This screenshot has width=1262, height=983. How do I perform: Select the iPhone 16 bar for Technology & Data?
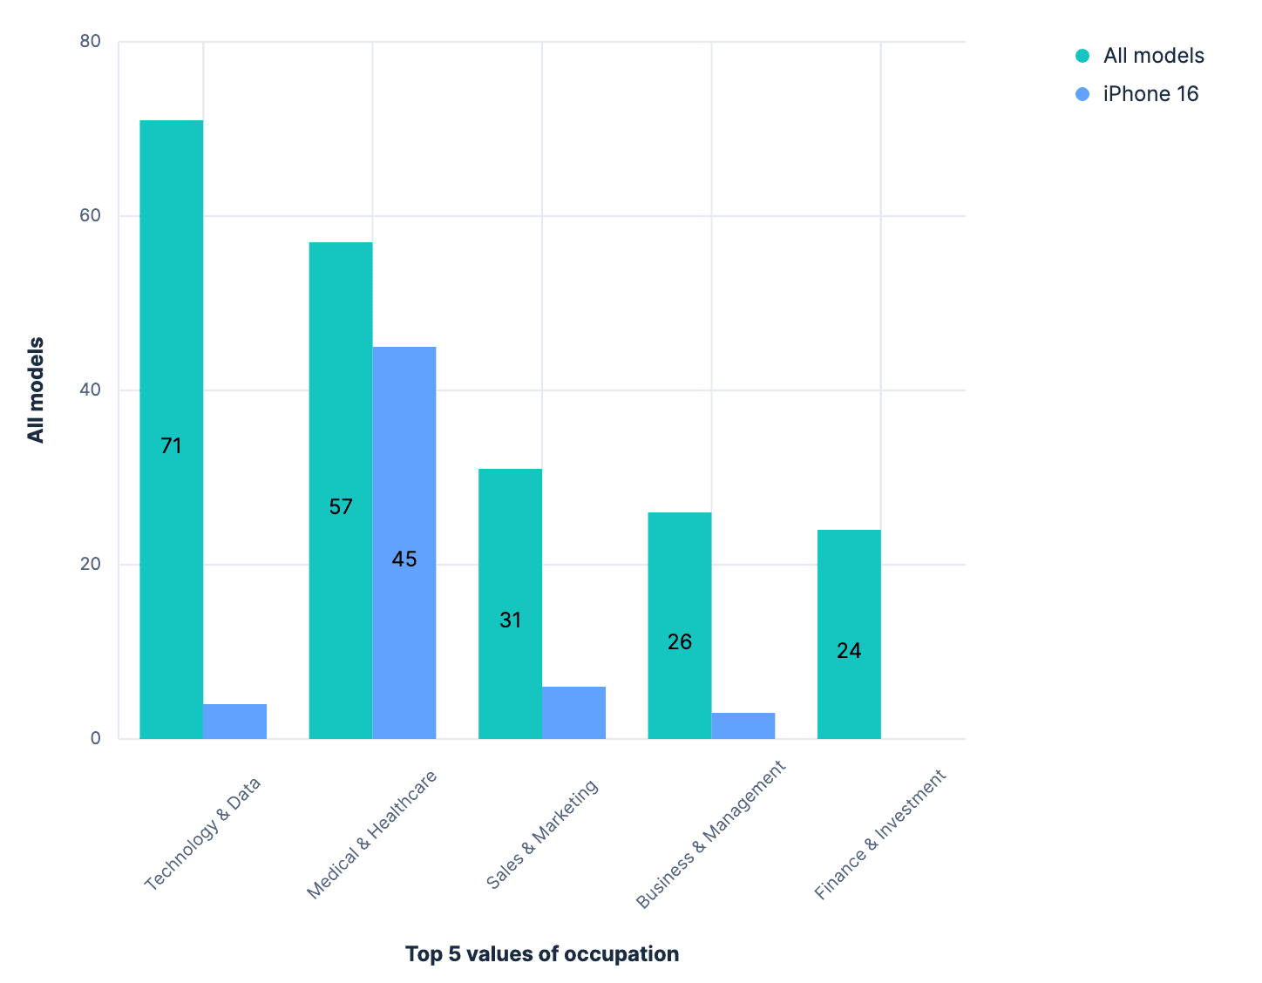tap(235, 722)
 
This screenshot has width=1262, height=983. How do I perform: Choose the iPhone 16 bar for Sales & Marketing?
tap(573, 713)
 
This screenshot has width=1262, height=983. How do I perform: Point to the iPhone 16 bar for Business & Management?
tap(743, 726)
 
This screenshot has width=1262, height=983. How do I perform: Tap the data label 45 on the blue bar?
tap(404, 559)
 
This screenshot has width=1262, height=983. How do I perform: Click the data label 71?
tap(172, 446)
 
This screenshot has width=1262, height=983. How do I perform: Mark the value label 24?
tap(849, 651)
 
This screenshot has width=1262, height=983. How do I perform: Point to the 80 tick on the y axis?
tap(91, 41)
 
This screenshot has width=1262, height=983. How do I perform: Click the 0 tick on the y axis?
tap(96, 738)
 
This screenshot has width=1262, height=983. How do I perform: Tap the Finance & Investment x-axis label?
tap(880, 834)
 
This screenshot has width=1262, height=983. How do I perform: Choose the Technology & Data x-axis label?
tap(203, 832)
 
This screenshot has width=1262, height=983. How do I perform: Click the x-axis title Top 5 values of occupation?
tap(542, 954)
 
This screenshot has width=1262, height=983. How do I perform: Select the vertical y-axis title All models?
tap(36, 390)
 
